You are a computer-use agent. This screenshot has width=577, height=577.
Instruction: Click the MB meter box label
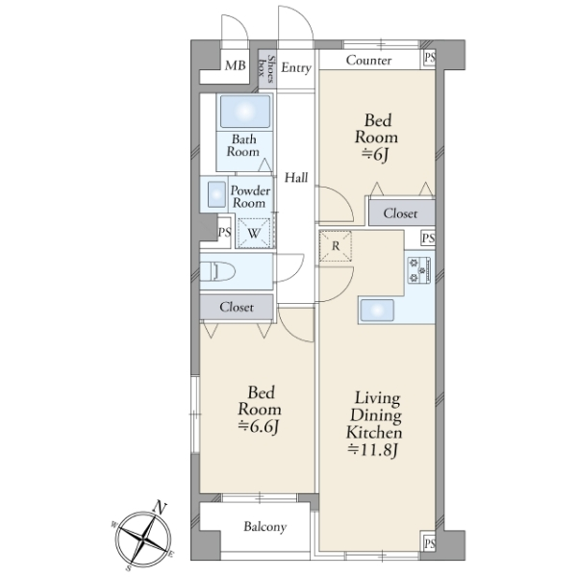236,65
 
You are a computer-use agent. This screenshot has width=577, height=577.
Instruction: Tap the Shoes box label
266,69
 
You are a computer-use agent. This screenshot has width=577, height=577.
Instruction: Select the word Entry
296,67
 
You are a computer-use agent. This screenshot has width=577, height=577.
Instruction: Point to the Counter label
368,60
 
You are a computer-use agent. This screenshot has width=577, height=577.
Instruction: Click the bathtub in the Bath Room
244,112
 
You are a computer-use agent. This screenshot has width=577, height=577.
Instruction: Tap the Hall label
296,178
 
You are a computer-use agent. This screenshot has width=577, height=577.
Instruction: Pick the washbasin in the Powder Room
216,194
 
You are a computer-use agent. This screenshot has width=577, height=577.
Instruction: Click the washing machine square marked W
254,233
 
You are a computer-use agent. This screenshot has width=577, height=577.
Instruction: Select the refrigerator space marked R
336,246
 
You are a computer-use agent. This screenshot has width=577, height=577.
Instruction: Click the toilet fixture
217,271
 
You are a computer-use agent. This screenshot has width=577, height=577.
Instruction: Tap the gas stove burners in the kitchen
419,270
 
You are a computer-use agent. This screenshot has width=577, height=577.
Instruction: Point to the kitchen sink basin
377,311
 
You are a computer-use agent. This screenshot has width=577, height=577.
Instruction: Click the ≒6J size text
375,155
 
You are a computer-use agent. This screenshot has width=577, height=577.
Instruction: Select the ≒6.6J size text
258,426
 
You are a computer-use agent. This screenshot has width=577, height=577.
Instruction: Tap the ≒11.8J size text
373,450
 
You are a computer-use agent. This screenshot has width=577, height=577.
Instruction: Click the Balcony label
265,527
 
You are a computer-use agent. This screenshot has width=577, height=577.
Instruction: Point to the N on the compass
160,508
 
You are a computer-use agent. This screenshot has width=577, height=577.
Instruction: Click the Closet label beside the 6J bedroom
400,213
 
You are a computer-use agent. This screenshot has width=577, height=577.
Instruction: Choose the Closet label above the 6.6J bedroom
237,307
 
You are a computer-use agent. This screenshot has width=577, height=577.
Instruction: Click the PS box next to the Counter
429,58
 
